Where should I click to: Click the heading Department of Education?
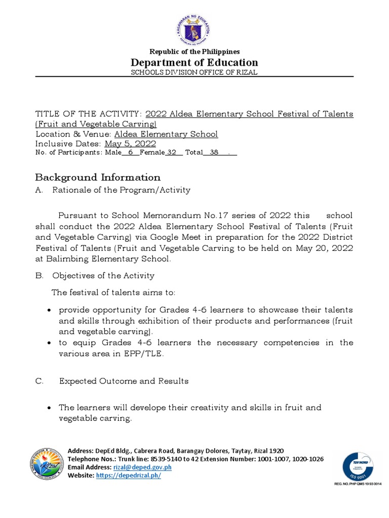pos(194,62)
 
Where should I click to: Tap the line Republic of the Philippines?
pos(194,52)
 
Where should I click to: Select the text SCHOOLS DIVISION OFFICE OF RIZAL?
pos(194,72)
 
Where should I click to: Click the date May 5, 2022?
pos(130,144)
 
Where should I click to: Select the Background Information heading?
pos(98,177)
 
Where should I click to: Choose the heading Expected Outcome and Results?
pos(124,381)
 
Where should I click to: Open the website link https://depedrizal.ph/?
pos(128,476)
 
